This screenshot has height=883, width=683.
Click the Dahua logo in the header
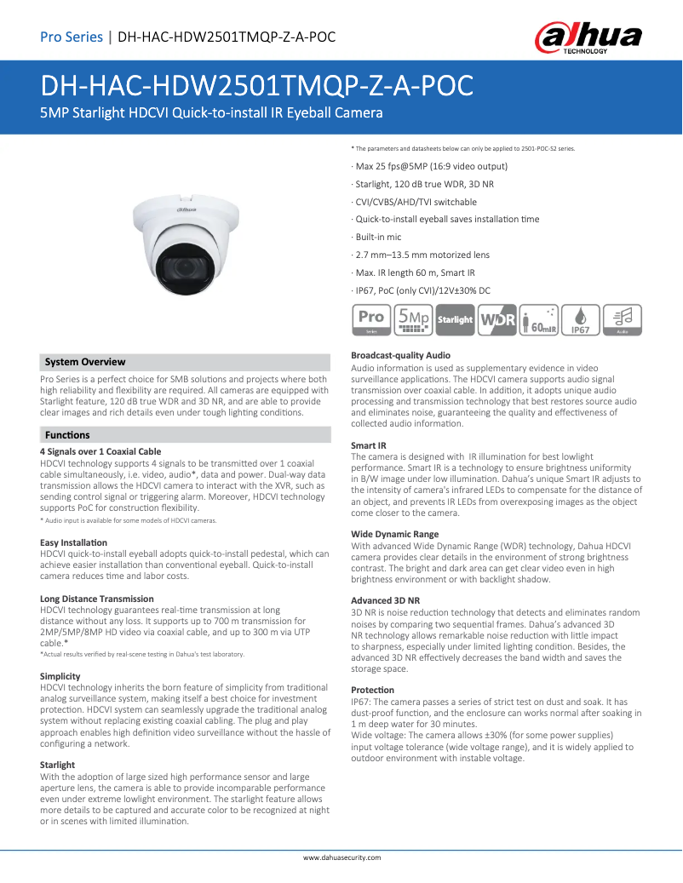[588, 37]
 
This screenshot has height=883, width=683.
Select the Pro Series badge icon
[371, 319]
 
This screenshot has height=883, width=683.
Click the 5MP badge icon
[413, 319]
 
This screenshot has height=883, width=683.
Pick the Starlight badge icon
[455, 319]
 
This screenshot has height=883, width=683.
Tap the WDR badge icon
[496, 319]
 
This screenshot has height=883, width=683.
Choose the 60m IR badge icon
[538, 319]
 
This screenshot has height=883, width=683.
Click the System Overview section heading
[85, 362]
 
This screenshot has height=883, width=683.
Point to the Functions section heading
[67, 435]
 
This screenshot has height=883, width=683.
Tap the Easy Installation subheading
[74, 542]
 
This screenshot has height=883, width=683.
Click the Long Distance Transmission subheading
[97, 599]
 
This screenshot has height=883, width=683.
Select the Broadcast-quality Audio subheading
[401, 355]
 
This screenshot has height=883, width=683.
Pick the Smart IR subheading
[369, 445]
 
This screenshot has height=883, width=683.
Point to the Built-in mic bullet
[380, 237]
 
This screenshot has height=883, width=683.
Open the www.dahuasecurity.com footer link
[342, 857]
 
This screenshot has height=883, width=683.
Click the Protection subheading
[373, 690]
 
